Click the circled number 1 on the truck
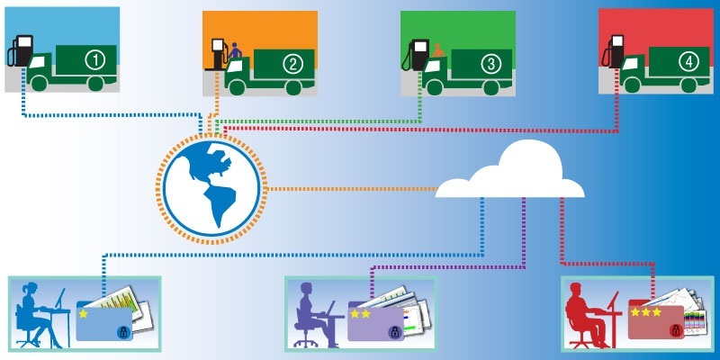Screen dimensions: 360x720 click(94, 60)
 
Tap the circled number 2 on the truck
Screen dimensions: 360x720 click(292, 63)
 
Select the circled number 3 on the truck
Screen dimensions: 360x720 click(490, 63)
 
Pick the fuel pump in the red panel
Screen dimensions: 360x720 click(615, 50)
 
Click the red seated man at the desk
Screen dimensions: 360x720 click(587, 315)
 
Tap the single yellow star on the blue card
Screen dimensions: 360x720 click(84, 314)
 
